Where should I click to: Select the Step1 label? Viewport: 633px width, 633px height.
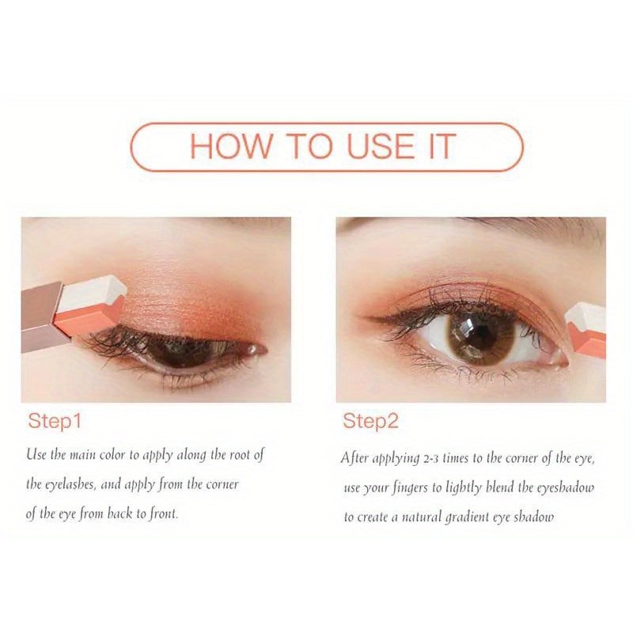coord(55,421)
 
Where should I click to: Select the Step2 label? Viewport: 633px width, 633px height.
coord(370,421)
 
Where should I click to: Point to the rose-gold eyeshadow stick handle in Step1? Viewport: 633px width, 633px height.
coord(43,317)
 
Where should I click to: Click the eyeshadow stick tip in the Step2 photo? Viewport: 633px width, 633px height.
coord(586,330)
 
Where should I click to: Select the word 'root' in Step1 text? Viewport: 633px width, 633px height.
coord(241,455)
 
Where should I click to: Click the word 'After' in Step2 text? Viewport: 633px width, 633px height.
coord(354,458)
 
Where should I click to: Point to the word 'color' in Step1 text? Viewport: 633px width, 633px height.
coord(112,455)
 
